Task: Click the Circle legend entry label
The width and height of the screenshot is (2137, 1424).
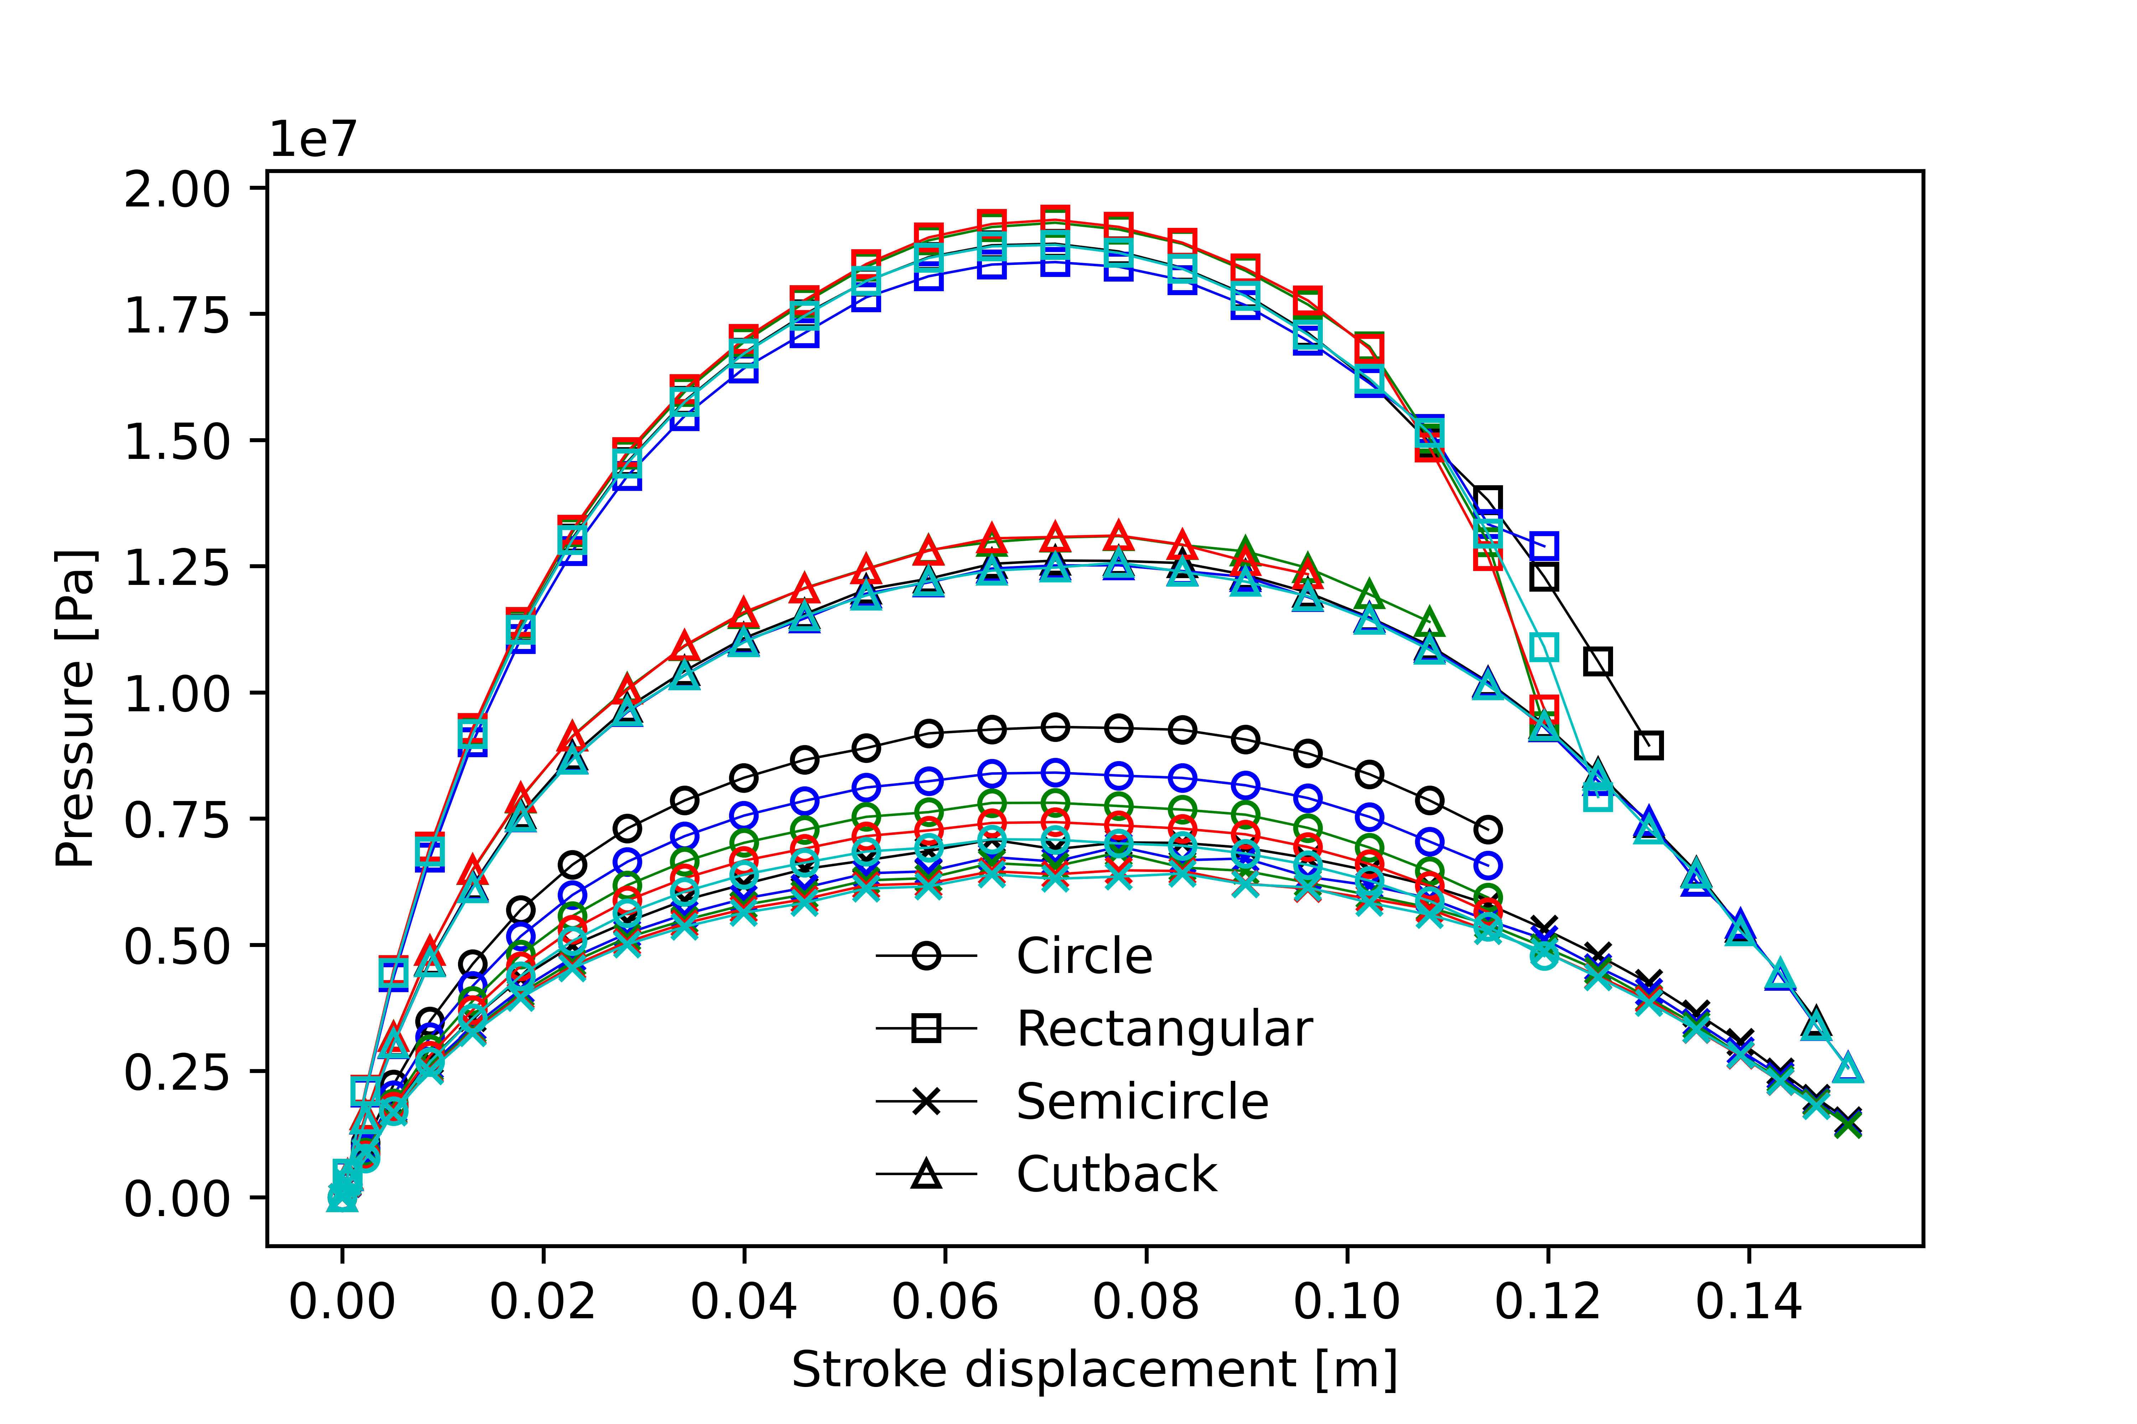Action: point(1084,956)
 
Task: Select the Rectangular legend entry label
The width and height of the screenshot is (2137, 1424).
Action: point(1164,1029)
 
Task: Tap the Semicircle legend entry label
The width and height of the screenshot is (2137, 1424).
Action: point(1142,1101)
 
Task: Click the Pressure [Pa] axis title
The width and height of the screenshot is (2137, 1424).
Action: point(74,708)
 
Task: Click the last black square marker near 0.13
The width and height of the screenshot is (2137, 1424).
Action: point(1648,745)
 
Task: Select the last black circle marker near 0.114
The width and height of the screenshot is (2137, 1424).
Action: point(1487,829)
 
